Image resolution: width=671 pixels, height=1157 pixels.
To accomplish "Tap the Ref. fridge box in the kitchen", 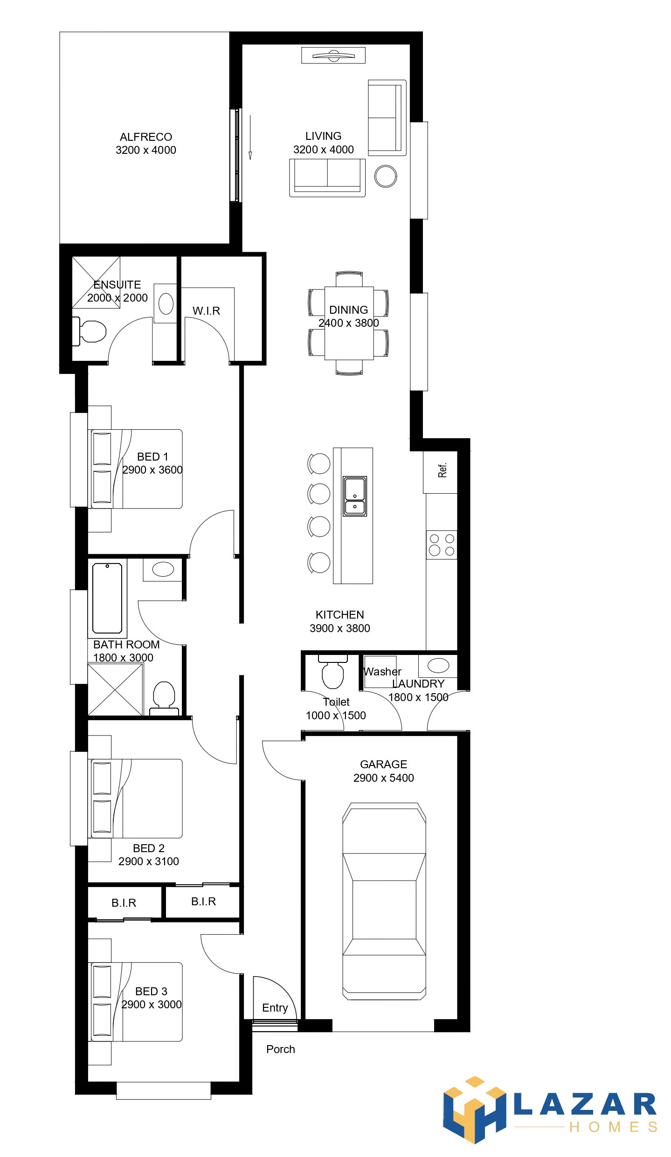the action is [x=440, y=472].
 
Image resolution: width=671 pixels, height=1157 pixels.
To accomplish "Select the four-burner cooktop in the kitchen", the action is [x=442, y=544].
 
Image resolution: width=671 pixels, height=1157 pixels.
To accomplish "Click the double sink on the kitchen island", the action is [x=355, y=496].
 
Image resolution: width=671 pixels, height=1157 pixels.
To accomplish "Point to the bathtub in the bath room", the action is [x=107, y=598].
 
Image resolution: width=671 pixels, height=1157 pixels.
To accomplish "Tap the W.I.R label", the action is [x=206, y=311].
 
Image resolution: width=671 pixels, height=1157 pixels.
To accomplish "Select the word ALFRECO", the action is [x=146, y=137].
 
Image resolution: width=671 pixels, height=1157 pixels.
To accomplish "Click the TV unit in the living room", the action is [x=333, y=55].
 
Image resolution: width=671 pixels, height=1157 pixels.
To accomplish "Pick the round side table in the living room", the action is [x=386, y=177].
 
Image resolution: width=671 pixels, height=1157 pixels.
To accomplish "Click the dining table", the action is [x=349, y=323].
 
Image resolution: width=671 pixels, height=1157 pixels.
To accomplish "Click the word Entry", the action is [x=275, y=1008].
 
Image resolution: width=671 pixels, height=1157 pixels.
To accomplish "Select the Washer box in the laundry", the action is [x=380, y=672].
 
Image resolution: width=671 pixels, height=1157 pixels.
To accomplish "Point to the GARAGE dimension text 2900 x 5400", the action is [x=384, y=778].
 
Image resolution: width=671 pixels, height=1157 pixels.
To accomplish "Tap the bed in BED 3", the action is [x=135, y=1002].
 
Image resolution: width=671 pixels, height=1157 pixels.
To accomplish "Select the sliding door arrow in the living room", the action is [x=250, y=138].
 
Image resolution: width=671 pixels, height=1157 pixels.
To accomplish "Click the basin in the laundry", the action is [x=438, y=666].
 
